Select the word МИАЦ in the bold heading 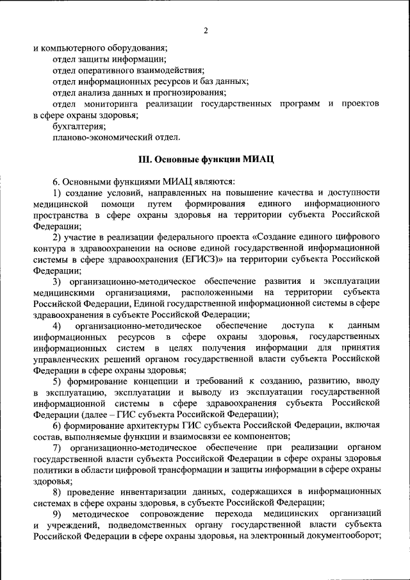click(260, 159)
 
